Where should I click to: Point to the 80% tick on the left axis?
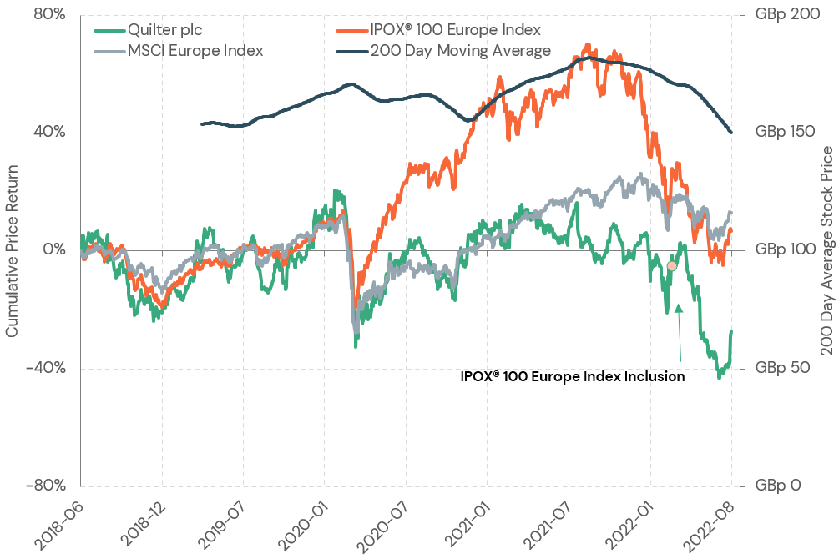point(48,15)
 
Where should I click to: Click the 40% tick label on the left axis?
point(48,133)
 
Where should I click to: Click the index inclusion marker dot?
point(671,266)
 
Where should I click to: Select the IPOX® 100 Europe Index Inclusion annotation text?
point(573,376)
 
